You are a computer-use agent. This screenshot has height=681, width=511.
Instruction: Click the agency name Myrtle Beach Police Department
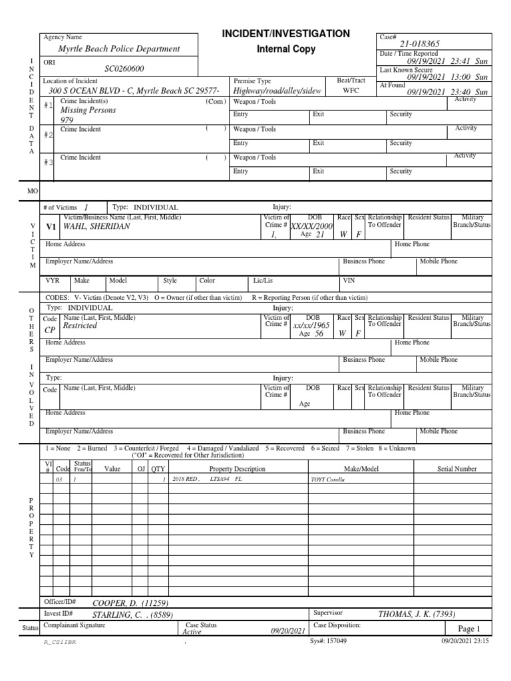[119, 49]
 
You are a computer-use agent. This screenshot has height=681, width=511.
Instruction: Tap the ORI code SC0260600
[124, 68]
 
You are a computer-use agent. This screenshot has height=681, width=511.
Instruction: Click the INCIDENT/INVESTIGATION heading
[285, 33]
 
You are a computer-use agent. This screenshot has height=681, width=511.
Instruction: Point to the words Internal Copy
[285, 49]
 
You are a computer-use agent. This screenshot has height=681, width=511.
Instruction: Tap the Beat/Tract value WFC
[351, 90]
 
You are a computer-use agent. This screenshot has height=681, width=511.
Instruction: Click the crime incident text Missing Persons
[88, 110]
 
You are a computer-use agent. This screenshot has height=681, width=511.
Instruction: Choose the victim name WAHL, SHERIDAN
[96, 226]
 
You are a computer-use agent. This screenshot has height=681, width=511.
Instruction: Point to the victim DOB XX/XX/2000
[311, 226]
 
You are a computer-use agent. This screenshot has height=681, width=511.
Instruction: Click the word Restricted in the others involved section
[79, 327]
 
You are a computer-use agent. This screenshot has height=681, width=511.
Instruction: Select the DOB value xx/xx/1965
[311, 326]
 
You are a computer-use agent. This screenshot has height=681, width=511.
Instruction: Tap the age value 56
[319, 335]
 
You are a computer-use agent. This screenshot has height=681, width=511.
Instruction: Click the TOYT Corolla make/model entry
[327, 479]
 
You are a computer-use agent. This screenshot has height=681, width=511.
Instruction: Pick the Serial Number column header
[456, 469]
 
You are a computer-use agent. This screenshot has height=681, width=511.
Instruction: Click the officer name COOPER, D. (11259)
[125, 603]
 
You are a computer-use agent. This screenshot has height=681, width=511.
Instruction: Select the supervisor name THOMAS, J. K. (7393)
[417, 614]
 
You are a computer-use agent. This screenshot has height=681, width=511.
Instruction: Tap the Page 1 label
[468, 628]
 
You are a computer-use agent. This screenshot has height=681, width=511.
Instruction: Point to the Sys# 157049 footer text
[328, 641]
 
